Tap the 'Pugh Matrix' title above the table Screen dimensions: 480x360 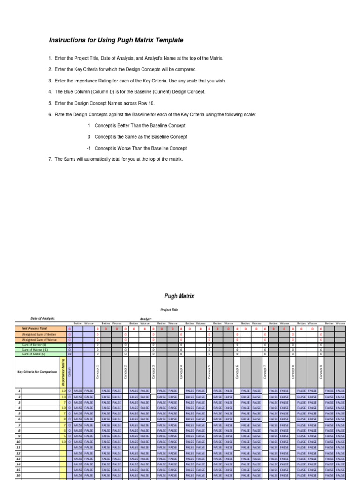[179, 296]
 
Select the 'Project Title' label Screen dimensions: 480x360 [169, 310]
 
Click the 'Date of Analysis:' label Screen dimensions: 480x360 [43, 318]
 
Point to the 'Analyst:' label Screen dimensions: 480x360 [146, 319]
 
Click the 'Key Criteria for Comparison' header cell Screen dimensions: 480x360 [37, 372]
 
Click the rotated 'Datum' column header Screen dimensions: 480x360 [70, 372]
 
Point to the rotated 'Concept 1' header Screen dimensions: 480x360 [97, 372]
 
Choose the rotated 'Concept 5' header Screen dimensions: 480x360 [209, 372]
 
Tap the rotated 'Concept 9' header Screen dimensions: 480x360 [321, 372]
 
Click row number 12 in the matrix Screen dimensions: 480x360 [18, 453]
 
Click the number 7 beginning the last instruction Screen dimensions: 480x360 [50, 159]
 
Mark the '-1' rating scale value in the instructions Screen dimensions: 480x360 [88, 148]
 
